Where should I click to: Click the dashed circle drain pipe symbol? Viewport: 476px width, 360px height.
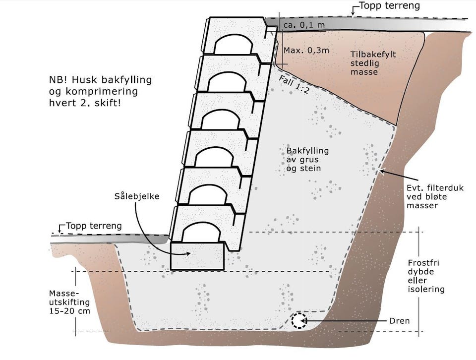click(298, 321)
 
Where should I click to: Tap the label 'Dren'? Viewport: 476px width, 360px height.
click(400, 321)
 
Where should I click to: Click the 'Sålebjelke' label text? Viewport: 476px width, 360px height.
click(136, 196)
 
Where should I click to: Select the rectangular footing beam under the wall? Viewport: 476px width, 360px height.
click(196, 256)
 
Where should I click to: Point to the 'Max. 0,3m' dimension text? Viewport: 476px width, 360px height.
click(299, 51)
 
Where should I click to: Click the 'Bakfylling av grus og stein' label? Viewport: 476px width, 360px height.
click(307, 159)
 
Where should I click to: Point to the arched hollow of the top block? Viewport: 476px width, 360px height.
click(232, 43)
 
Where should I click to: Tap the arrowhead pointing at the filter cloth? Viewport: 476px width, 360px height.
click(381, 171)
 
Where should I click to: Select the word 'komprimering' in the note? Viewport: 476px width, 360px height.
click(91, 92)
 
